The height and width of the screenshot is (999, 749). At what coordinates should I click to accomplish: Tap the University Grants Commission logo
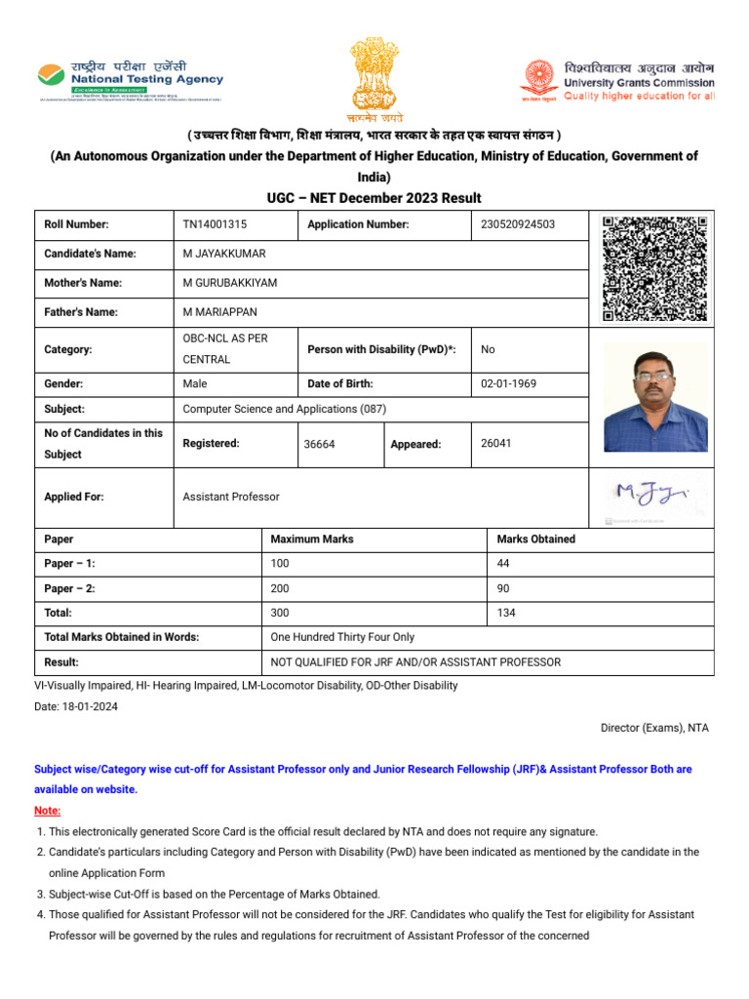(617, 81)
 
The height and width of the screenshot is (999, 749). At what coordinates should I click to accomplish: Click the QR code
(654, 268)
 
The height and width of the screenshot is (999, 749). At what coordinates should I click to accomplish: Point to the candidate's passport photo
(654, 396)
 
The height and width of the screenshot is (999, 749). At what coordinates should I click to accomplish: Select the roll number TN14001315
(215, 224)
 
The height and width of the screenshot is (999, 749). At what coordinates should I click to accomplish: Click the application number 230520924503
(518, 224)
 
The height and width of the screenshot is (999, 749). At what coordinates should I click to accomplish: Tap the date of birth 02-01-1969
(508, 383)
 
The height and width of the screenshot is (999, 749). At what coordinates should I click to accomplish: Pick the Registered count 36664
(319, 444)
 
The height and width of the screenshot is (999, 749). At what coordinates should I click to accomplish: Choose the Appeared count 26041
(496, 443)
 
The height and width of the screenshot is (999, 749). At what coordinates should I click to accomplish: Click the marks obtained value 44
(503, 564)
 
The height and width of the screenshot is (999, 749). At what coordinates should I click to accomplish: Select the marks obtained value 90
(503, 588)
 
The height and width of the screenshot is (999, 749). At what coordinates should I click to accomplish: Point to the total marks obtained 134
(506, 613)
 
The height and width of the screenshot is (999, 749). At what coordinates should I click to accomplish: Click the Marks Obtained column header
(535, 539)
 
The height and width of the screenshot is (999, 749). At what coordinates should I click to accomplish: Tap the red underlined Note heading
(47, 811)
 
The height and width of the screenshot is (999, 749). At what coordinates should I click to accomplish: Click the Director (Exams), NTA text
(653, 728)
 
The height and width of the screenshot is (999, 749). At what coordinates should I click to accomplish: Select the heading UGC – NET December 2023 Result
(374, 198)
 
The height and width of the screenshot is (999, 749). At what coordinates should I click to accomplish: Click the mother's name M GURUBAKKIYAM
(230, 283)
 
